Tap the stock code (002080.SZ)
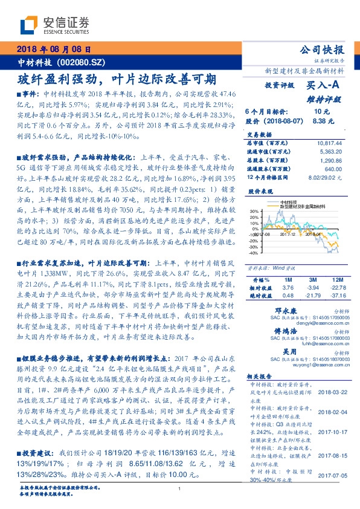(x=83, y=62)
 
